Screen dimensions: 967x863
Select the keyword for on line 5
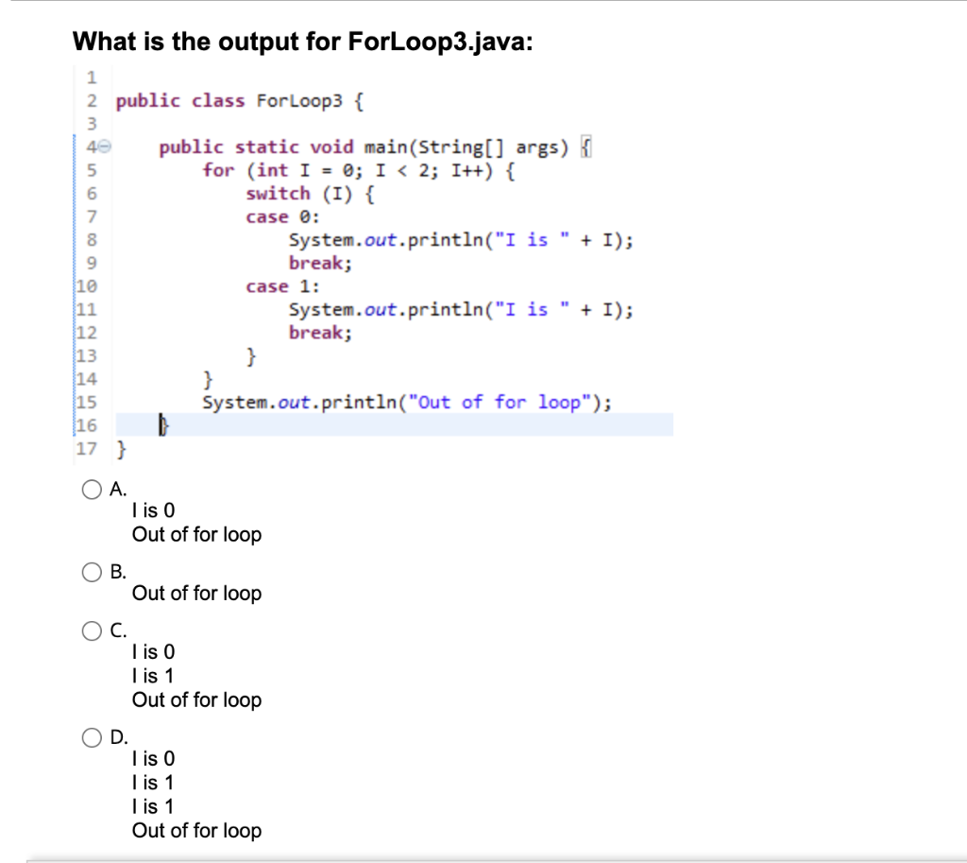click(218, 170)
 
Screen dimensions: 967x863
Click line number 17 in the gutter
click(85, 448)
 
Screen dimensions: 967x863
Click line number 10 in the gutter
click(85, 286)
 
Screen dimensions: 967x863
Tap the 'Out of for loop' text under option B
click(196, 594)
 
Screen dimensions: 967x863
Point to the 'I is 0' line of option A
click(154, 510)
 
